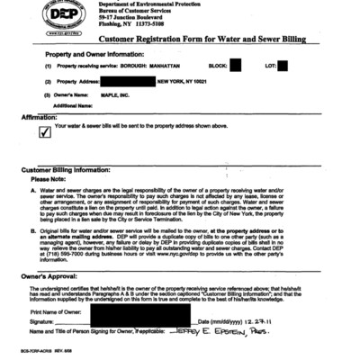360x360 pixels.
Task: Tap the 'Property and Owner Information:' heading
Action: [x=80, y=55]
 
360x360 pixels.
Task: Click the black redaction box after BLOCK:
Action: [x=235, y=65]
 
